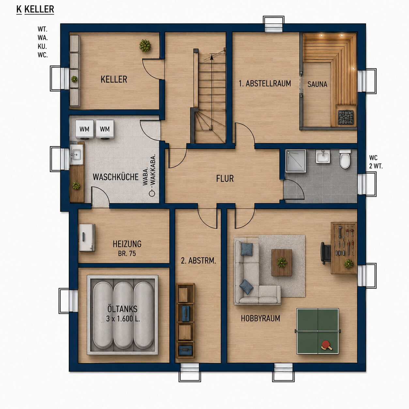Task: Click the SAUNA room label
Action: [317, 84]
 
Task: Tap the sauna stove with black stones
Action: [346, 117]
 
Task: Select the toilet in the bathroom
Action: [345, 159]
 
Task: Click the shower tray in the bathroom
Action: [295, 161]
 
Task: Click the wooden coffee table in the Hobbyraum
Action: [282, 263]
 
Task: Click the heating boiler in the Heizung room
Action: [87, 238]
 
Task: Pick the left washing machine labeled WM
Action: [84, 129]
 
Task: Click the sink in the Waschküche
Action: [76, 155]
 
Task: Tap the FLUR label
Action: [225, 178]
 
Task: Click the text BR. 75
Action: [127, 253]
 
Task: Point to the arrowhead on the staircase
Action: [211, 57]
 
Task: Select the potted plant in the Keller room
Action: [145, 45]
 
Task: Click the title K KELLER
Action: [35, 9]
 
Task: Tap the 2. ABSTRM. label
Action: [198, 261]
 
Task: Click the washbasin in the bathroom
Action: [323, 157]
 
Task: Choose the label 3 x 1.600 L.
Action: [123, 319]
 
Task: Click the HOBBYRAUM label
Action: [260, 318]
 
